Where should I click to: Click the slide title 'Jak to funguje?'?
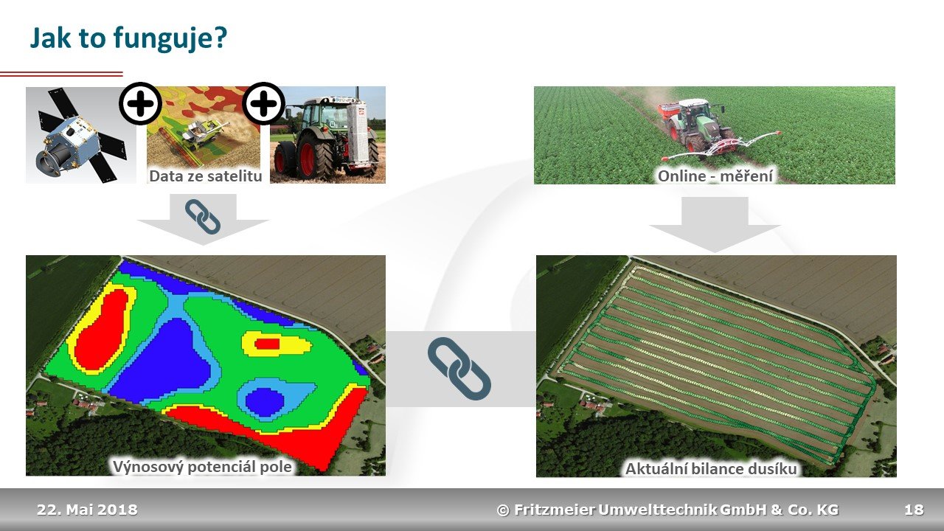[x=128, y=39]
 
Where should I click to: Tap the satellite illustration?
[x=80, y=136]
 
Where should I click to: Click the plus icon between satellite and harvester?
[x=140, y=103]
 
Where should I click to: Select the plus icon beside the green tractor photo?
[x=264, y=103]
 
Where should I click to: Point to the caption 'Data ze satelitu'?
[x=206, y=176]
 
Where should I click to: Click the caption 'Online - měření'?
[x=715, y=176]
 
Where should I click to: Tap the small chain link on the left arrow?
[x=203, y=217]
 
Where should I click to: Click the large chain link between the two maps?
[x=459, y=369]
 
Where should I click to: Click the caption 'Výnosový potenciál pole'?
[x=202, y=467]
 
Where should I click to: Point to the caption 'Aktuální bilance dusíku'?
[x=711, y=468]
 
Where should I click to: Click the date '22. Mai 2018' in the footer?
[x=87, y=510]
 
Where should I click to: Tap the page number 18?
[x=914, y=510]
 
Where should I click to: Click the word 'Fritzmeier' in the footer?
[x=555, y=510]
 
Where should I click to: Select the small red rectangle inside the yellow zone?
[x=267, y=344]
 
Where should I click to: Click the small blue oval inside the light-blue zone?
[x=264, y=402]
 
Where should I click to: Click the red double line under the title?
[x=61, y=74]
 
